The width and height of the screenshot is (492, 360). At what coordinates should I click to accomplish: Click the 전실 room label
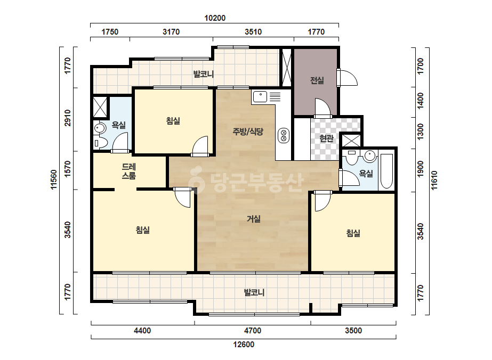[317, 80]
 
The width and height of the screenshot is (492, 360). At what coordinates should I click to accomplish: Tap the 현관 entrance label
[326, 138]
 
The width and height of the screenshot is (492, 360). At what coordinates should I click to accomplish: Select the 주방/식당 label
[248, 132]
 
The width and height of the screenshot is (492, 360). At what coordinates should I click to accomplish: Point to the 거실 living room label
[254, 218]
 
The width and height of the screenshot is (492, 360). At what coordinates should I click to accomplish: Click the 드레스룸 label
[129, 171]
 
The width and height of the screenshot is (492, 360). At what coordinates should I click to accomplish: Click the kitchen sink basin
[260, 97]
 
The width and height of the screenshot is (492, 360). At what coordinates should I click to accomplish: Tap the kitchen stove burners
[284, 135]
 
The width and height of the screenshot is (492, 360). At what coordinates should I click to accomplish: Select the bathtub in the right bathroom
[386, 171]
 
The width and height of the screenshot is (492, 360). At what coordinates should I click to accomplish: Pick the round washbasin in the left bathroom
[100, 128]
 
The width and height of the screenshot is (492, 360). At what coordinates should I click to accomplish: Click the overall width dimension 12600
[244, 345]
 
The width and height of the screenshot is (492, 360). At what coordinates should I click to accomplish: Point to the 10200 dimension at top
[215, 18]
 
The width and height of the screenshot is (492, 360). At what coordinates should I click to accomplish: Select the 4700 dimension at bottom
[253, 331]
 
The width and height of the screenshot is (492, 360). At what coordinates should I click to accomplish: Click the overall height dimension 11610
[434, 181]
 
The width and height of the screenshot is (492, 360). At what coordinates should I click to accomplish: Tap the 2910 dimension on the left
[68, 118]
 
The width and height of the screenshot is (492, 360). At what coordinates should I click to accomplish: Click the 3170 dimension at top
[171, 31]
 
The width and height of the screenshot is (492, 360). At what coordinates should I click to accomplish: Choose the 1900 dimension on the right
[421, 169]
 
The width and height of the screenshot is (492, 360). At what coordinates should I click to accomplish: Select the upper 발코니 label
[203, 75]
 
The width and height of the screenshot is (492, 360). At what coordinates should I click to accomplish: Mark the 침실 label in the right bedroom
[353, 233]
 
